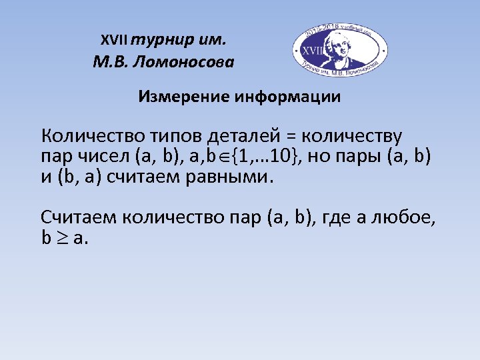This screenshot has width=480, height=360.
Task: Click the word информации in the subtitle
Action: [x=287, y=97]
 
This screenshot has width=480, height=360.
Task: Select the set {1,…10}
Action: [x=265, y=158]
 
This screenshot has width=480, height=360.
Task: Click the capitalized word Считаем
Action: [x=79, y=217]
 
